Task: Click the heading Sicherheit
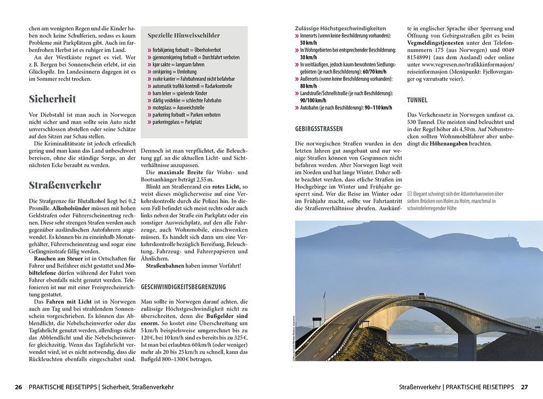[52, 99]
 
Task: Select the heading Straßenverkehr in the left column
[64, 185]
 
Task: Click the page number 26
[18, 387]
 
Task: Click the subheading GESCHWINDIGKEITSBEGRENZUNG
[183, 287]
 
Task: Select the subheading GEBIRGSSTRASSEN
[318, 129]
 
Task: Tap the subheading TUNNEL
[417, 100]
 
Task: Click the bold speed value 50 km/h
[309, 43]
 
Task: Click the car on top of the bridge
[421, 294]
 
